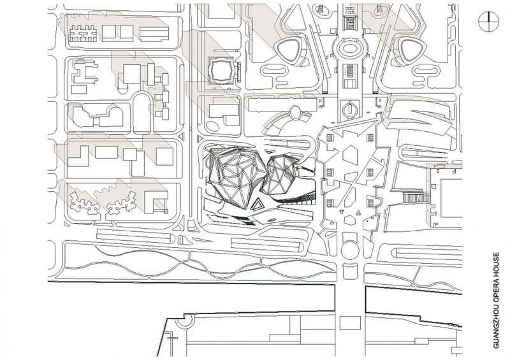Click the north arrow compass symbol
(488, 21)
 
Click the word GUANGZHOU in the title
(496, 325)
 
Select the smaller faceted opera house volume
(280, 173)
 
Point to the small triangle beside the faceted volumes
(258, 205)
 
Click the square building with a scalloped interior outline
(221, 70)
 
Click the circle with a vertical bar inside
(349, 108)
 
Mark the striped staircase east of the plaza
(415, 197)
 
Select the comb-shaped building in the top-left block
(84, 33)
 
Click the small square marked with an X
(166, 212)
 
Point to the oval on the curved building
(295, 113)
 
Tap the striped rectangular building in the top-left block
(154, 34)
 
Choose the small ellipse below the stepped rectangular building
(213, 126)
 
